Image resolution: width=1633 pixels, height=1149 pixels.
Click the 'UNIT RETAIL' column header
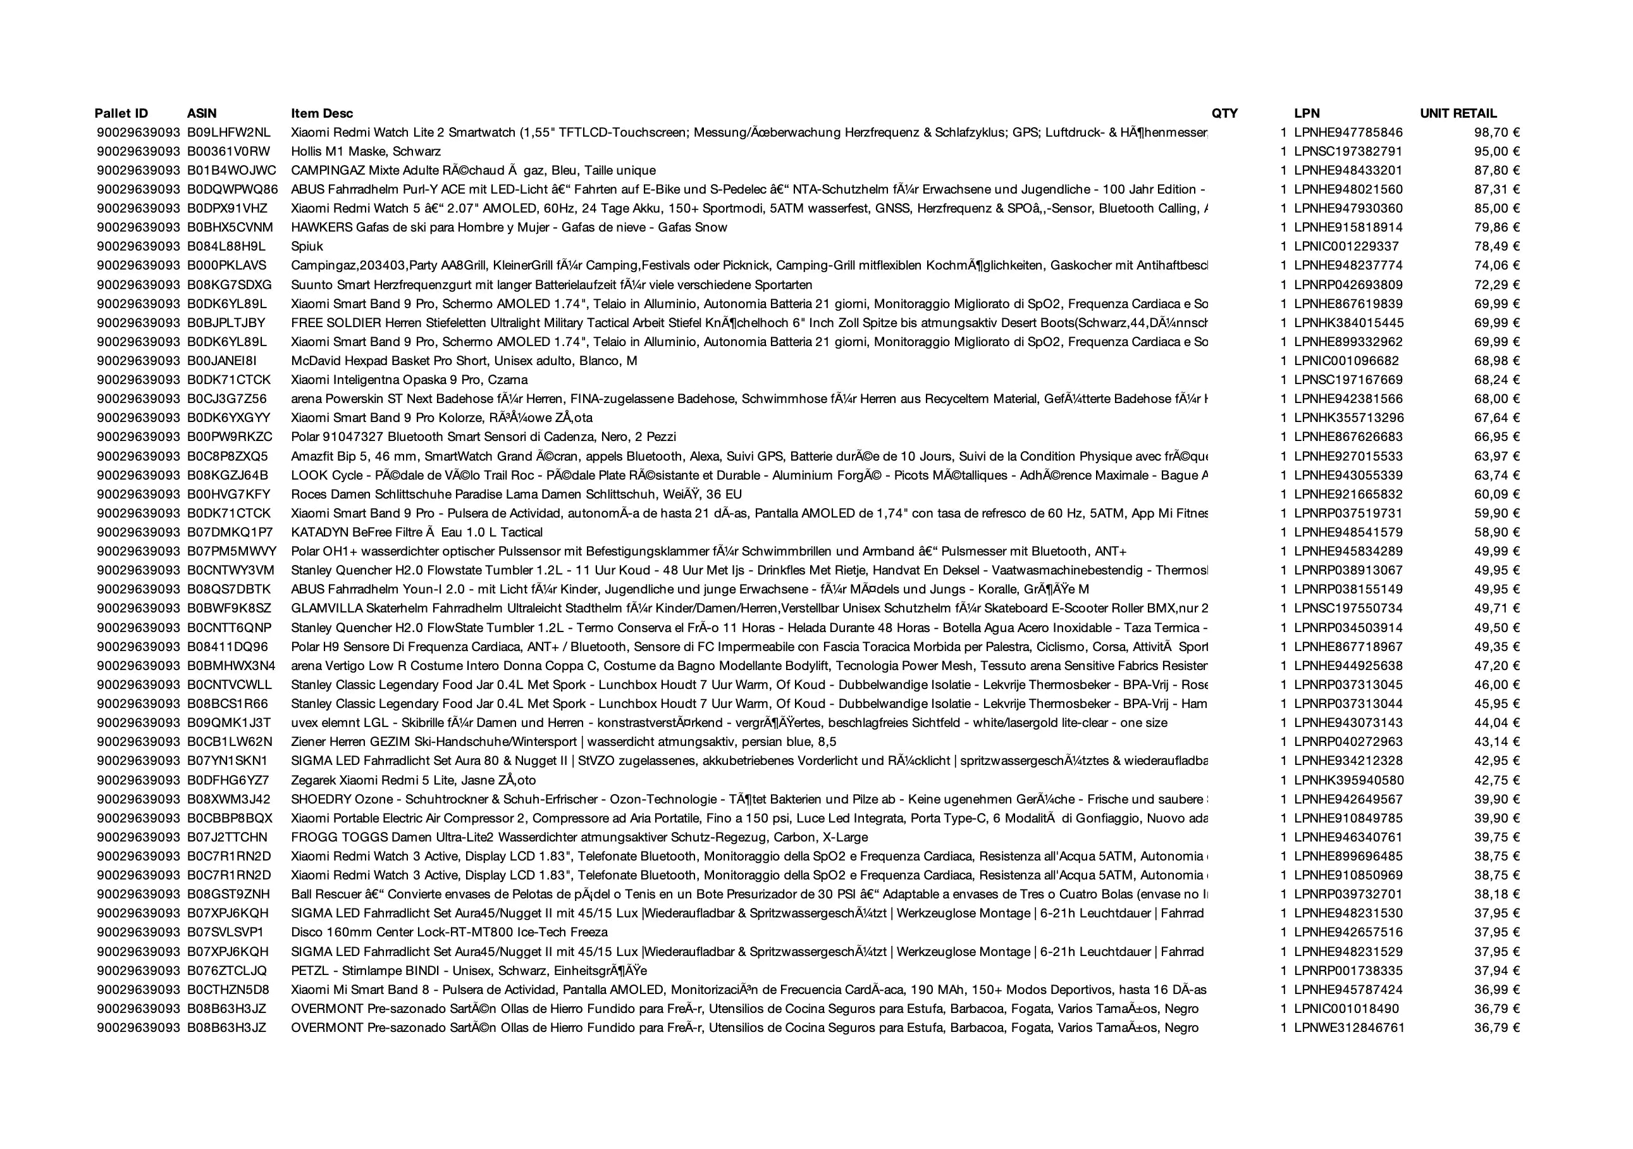[x=1458, y=113]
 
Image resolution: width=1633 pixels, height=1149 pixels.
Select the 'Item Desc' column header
[x=321, y=113]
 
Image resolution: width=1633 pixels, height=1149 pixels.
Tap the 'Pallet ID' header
[x=121, y=113]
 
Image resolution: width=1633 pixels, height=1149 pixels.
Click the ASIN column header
[x=202, y=113]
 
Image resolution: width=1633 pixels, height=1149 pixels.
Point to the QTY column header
[x=1224, y=113]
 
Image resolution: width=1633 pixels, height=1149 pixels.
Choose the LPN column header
[x=1307, y=113]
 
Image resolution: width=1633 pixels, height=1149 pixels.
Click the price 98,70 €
[x=1496, y=132]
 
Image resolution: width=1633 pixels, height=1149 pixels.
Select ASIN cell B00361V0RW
[x=229, y=152]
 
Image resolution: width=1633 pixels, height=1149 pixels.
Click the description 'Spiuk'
[x=307, y=247]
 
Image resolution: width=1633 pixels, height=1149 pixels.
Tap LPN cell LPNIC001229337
[x=1346, y=247]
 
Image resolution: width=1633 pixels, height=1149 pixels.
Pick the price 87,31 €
[x=1496, y=189]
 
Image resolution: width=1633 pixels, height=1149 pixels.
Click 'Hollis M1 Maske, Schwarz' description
[x=366, y=152]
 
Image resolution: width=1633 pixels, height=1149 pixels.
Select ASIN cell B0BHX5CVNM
[x=230, y=228]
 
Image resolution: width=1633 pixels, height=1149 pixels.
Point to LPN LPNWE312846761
[x=1348, y=1028]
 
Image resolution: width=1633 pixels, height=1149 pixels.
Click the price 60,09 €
[x=1496, y=494]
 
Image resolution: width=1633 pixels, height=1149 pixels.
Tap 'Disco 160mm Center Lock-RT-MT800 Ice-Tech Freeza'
[x=450, y=932]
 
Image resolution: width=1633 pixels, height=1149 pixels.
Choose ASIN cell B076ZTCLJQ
[x=228, y=971]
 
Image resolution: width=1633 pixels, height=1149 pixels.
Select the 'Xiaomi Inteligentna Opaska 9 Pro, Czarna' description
[x=409, y=380]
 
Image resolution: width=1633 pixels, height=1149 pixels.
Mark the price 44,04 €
[x=1496, y=723]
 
